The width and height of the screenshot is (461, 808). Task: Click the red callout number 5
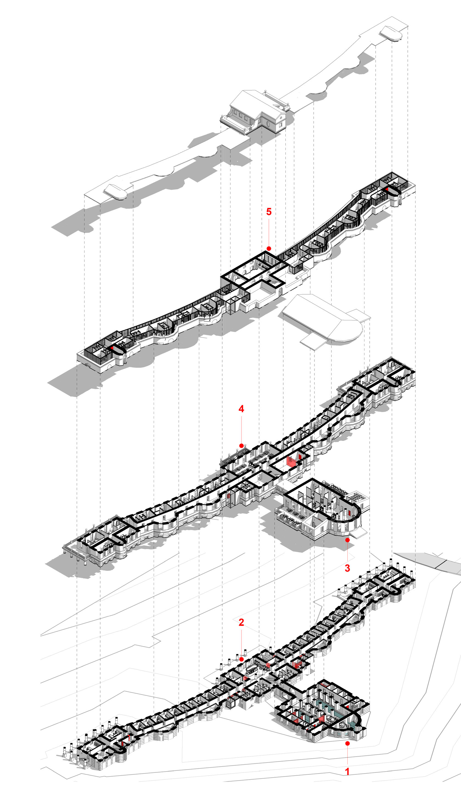pos(269,212)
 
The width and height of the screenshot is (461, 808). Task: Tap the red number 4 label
pos(241,409)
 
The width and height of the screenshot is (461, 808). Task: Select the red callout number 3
pos(347,568)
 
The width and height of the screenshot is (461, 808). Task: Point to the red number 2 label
pos(241,622)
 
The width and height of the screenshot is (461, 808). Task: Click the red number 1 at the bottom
pos(347,771)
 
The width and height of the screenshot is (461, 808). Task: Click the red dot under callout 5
pos(269,249)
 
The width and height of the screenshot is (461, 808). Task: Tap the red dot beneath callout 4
pos(241,446)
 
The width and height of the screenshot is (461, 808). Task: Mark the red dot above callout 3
pos(347,540)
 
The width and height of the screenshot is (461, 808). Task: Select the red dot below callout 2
pos(241,659)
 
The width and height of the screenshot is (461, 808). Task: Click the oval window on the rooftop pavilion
pos(268,124)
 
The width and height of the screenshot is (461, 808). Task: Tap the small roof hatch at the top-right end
pos(391,33)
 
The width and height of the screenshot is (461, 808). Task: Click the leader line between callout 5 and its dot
pos(269,231)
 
